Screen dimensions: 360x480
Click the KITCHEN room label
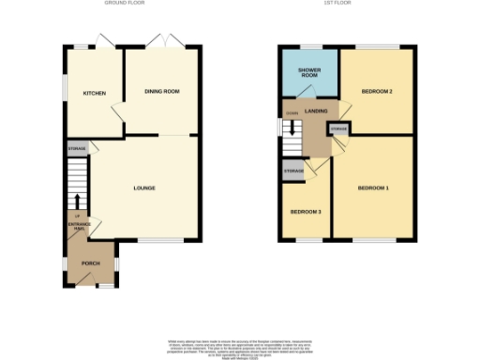pos(94,93)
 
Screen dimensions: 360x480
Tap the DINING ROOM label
pos(161,92)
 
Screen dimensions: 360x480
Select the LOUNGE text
pos(144,188)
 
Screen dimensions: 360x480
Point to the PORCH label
pos(91,263)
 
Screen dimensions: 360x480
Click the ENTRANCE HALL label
pos(77,226)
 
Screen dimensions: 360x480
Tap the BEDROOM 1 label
pos(373,188)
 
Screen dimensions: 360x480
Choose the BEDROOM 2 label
pos(377,91)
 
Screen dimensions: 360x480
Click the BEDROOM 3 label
pos(306,212)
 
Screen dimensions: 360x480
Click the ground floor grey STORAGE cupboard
pos(76,149)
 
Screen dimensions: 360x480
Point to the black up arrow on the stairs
pos(76,200)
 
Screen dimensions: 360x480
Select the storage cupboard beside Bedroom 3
pos(293,171)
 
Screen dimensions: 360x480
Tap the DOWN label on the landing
pos(292,113)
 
